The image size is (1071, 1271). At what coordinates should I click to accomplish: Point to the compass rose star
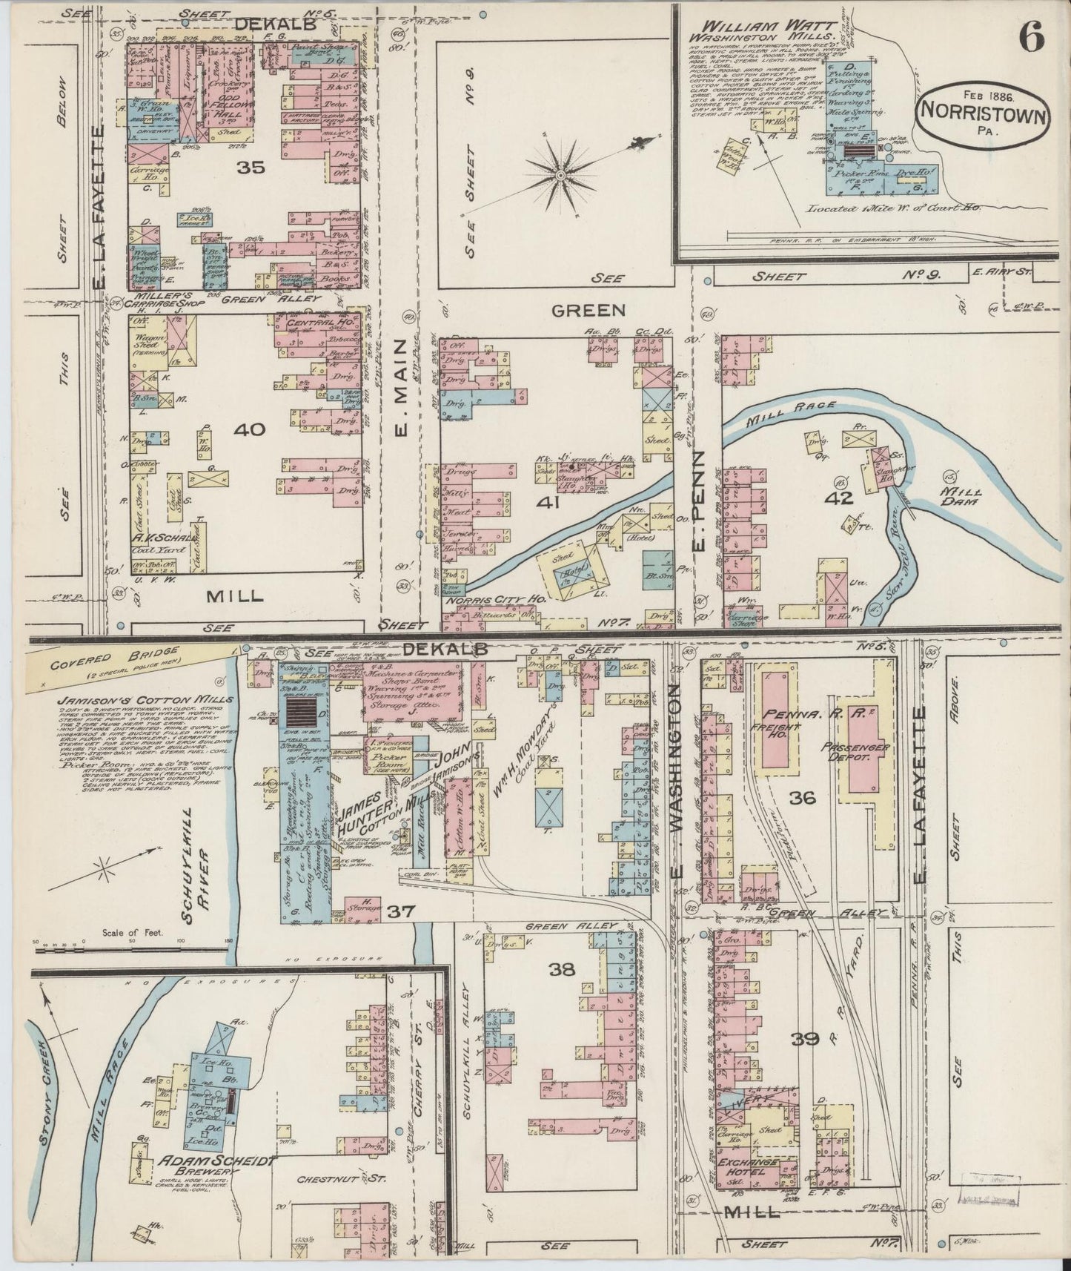[560, 174]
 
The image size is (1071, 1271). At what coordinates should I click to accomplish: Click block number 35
[251, 168]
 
